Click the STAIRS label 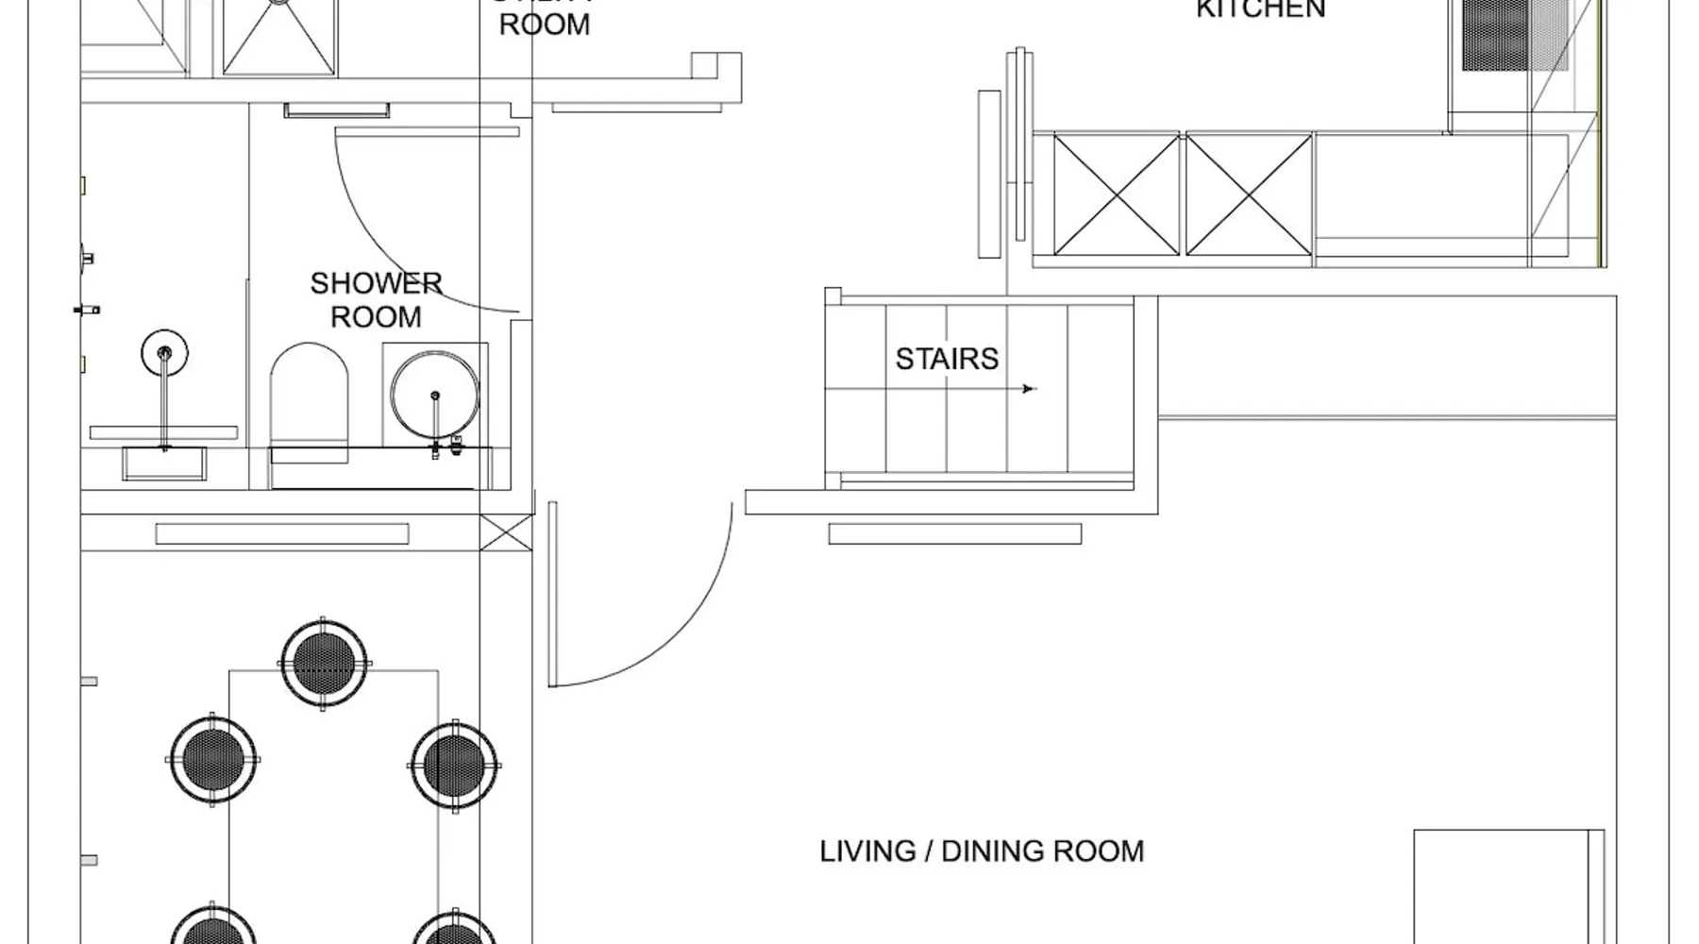pos(946,360)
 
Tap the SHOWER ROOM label pos(376,300)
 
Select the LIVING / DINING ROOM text pos(981,851)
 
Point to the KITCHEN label pos(1260,9)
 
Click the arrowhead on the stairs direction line pos(1030,388)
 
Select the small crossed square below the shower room pos(506,533)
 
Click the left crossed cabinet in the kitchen pos(1117,194)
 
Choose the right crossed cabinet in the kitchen pos(1248,194)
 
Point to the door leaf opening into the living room pos(552,594)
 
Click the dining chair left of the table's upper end pos(212,760)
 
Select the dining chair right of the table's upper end pos(455,765)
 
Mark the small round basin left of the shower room pos(164,353)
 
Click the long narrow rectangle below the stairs pos(954,534)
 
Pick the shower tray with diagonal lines pos(279,38)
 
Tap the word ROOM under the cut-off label pos(545,25)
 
